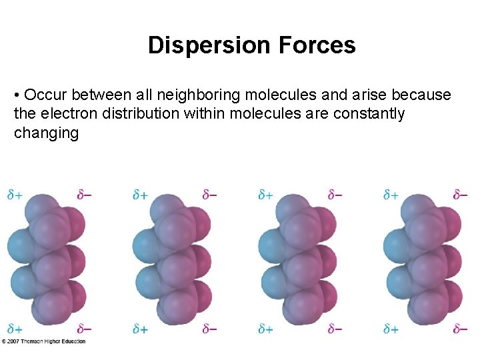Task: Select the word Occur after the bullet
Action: [44, 95]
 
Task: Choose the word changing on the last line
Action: [46, 133]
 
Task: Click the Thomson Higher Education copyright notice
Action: [43, 341]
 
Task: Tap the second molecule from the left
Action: [173, 260]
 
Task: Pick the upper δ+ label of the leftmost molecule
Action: [14, 195]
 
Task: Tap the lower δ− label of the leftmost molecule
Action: [85, 329]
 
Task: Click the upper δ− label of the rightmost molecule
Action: [461, 195]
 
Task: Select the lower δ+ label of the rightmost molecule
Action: [391, 329]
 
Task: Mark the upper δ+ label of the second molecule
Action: [140, 195]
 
